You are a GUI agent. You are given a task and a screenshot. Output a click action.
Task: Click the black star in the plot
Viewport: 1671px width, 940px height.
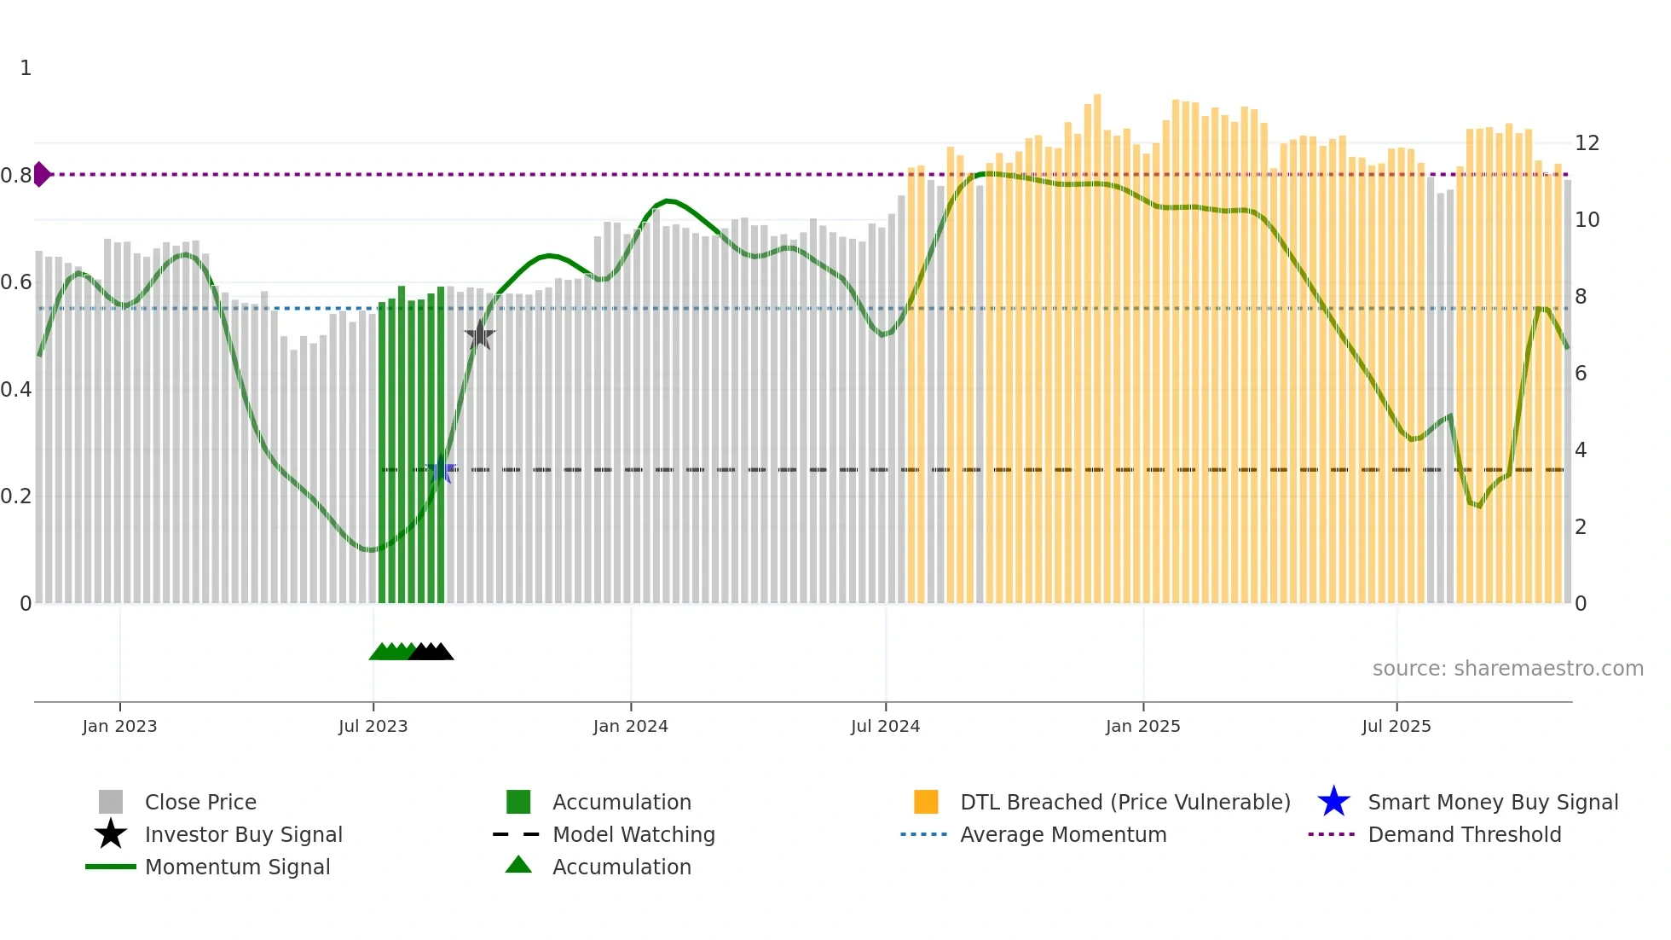(x=480, y=335)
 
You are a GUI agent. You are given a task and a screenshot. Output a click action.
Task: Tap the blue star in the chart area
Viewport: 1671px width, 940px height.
(x=441, y=470)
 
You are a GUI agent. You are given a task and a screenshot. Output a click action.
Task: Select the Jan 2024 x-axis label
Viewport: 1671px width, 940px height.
(x=630, y=726)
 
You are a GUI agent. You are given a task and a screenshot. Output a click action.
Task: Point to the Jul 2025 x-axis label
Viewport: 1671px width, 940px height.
(x=1396, y=726)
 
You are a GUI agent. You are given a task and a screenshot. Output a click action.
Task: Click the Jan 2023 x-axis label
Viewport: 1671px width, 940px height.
(x=119, y=726)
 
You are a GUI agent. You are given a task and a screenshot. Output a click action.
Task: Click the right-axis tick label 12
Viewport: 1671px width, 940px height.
(x=1587, y=143)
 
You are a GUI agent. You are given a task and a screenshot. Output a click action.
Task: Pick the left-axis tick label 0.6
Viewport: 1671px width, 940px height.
(x=16, y=282)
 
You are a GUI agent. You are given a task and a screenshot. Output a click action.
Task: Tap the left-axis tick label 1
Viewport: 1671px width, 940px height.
(x=26, y=68)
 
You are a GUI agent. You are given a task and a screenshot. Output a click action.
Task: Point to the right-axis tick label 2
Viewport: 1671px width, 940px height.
(x=1581, y=527)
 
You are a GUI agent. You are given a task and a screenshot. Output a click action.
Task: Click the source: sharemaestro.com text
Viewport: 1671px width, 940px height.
(x=1507, y=669)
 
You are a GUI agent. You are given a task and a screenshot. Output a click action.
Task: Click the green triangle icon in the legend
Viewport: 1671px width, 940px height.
(x=518, y=865)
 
